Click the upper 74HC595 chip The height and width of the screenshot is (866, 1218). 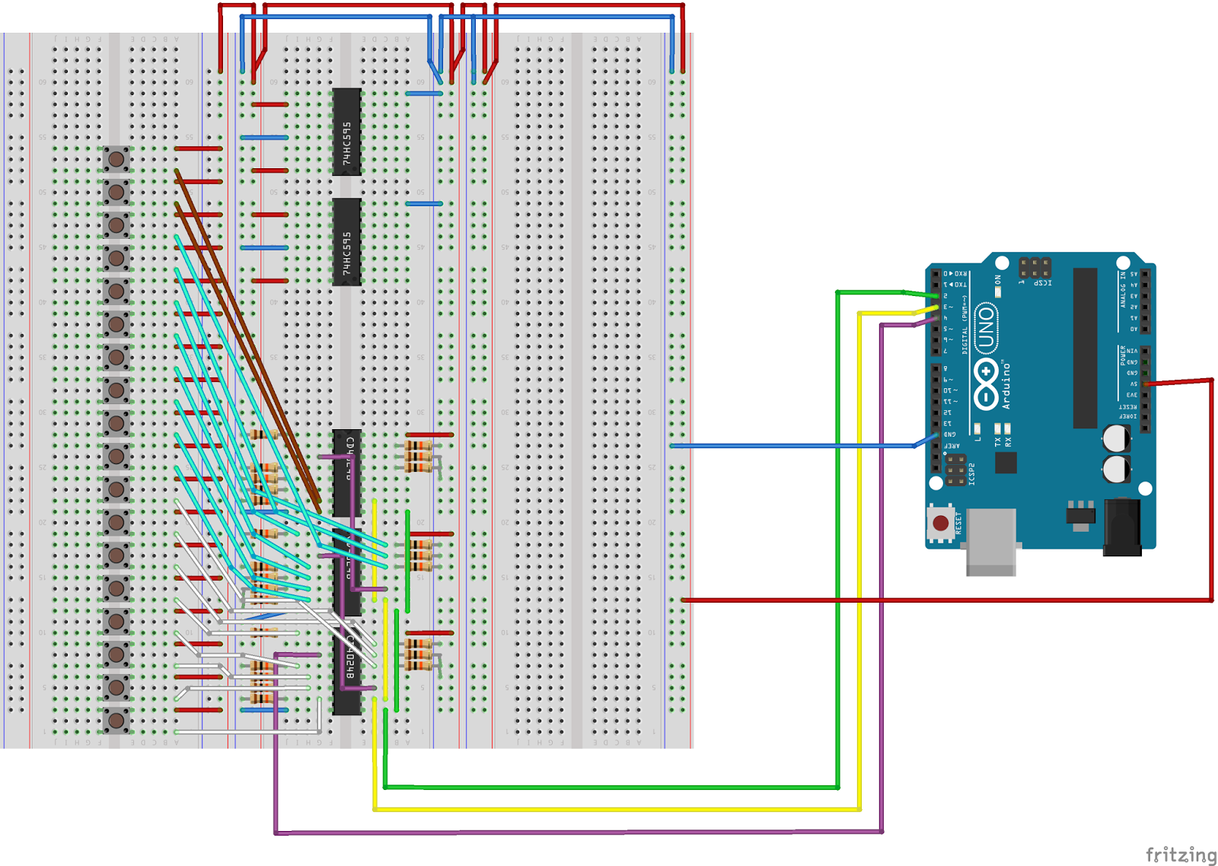346,132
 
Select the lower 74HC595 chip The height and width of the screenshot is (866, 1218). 346,242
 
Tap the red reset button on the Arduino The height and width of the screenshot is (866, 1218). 941,523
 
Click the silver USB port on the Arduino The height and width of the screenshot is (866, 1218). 991,542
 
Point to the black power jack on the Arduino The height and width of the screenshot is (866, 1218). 1122,527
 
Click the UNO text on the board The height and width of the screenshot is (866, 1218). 987,327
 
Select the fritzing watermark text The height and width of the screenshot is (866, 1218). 1181,855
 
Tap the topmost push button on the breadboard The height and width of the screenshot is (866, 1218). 116,159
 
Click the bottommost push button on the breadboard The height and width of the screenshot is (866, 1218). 116,720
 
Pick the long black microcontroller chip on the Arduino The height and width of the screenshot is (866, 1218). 1085,348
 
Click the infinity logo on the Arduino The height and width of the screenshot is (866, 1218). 986,384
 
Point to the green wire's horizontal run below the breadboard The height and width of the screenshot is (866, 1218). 609,787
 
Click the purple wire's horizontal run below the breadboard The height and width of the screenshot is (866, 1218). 579,832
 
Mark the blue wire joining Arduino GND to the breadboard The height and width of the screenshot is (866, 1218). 792,445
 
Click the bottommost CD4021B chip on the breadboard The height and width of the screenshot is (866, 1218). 347,670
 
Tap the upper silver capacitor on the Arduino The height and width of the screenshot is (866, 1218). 1116,438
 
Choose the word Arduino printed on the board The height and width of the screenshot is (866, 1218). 1006,384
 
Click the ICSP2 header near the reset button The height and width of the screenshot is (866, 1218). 956,470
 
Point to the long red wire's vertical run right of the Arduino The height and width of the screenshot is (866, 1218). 1211,487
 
